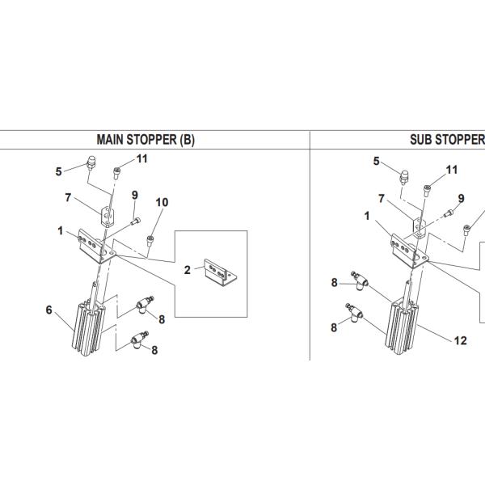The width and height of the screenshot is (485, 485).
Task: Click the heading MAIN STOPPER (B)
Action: (145, 140)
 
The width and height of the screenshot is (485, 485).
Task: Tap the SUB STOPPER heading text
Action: (447, 140)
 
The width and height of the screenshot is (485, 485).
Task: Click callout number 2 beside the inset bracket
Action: (188, 270)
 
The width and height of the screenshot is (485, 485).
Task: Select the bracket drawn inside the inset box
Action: (221, 273)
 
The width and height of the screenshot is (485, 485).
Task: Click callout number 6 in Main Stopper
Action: (48, 310)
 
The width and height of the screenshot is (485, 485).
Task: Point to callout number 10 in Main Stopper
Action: (162, 202)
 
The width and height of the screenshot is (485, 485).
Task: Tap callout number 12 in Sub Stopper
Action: (460, 340)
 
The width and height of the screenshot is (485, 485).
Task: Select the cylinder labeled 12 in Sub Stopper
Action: (402, 322)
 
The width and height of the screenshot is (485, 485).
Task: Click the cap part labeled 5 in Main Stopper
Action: (91, 163)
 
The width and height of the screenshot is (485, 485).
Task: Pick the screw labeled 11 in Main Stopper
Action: (116, 173)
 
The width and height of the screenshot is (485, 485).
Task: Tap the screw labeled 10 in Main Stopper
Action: (150, 241)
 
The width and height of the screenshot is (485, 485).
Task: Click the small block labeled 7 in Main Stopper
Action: (107, 217)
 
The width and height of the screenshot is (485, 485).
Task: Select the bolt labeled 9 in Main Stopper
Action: (136, 221)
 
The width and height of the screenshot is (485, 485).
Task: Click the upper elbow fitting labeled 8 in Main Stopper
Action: (145, 305)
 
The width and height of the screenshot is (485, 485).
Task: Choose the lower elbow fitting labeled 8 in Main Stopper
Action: (139, 339)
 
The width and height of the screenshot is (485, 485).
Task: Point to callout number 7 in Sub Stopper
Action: (382, 198)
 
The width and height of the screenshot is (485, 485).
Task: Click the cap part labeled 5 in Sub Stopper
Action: (403, 177)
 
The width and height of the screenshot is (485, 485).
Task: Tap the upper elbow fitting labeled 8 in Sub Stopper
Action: (359, 280)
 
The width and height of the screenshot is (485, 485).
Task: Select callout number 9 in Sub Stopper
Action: (461, 198)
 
